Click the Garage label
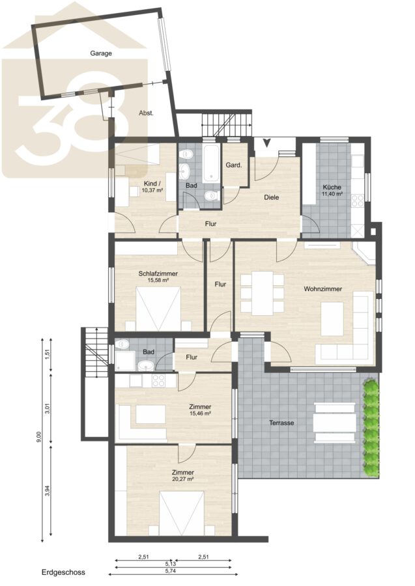point(101,53)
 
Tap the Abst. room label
point(146,113)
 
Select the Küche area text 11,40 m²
point(332,194)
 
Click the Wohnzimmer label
point(323,289)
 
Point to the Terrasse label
point(281,423)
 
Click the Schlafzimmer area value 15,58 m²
point(158,280)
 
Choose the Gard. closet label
point(234,165)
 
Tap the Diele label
point(272,197)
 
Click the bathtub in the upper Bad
point(212,163)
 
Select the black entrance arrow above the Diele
point(267,143)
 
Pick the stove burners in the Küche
point(358,201)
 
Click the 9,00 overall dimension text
point(40,438)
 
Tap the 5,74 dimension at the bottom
point(171,570)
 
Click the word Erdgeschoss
point(63,572)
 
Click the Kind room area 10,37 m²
point(152,190)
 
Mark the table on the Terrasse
point(335,423)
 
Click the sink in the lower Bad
point(145,365)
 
